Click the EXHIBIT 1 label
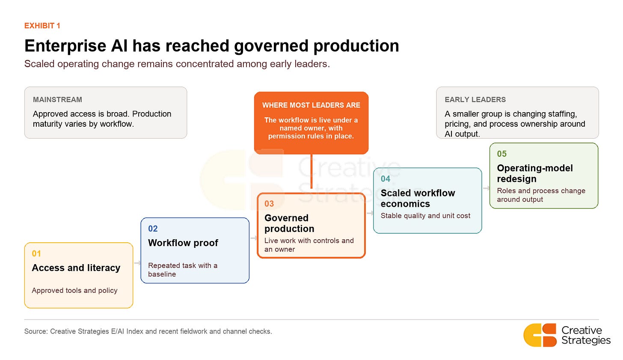42,26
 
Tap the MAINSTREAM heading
58,100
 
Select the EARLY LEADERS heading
475,100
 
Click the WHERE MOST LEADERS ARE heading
311,105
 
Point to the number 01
36,253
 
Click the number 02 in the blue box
153,229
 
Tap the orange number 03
269,204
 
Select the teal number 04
386,179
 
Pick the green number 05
502,154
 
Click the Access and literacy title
76,268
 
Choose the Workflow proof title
183,243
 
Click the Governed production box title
289,223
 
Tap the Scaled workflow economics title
418,198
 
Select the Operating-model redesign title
535,173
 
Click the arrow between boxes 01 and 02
137,263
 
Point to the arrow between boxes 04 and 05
486,188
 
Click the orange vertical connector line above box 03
311,171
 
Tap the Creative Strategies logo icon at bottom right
540,335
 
